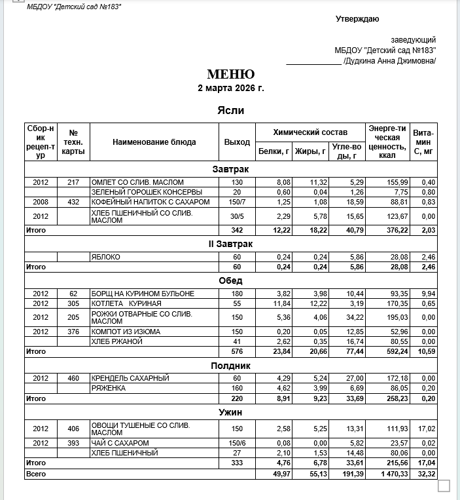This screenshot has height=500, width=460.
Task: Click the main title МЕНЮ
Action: point(230,74)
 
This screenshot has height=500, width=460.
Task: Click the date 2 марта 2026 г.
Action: point(230,88)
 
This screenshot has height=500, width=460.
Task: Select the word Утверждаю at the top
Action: point(357,19)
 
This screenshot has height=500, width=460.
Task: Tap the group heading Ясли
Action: point(230,111)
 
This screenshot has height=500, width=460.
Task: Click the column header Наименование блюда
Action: point(154,142)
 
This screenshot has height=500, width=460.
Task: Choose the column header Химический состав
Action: point(310,132)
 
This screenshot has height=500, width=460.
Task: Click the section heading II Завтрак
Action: point(230,244)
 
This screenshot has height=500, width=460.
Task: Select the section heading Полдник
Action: point(230,365)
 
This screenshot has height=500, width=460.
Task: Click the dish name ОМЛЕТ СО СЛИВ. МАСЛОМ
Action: point(137,182)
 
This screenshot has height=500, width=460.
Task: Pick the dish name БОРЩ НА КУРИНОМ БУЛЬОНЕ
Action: point(143,294)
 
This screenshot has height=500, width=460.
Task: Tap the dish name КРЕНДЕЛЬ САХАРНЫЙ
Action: point(131,378)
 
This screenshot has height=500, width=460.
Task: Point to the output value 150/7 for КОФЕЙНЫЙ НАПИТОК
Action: point(237,202)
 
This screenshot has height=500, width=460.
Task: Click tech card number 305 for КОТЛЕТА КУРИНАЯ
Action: point(73,303)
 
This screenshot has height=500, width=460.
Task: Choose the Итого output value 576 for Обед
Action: point(237,351)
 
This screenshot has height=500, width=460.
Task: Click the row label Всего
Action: point(35,473)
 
